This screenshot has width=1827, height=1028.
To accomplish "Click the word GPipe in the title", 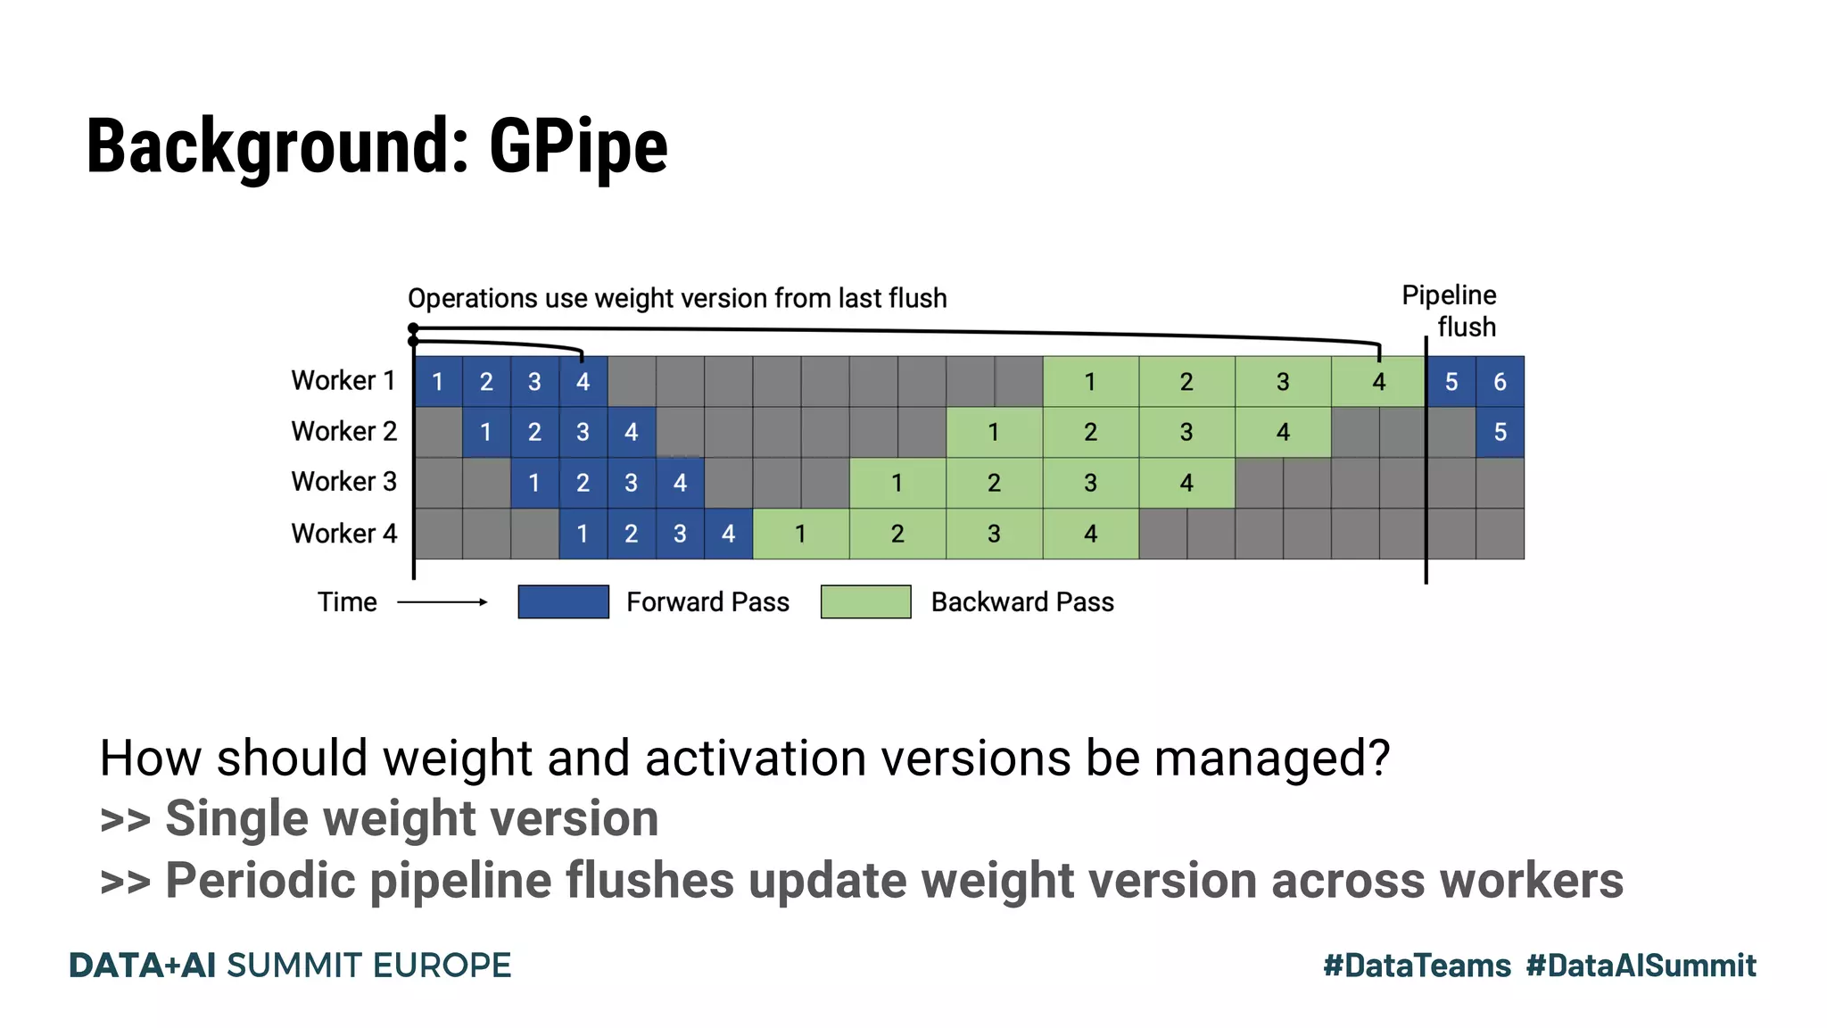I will pyautogui.click(x=578, y=146).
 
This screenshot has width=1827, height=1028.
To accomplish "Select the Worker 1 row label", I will pyautogui.click(x=343, y=381).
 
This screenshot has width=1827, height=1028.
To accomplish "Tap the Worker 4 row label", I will pyautogui.click(x=343, y=534).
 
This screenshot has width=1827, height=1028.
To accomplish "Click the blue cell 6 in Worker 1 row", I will pyautogui.click(x=1500, y=382).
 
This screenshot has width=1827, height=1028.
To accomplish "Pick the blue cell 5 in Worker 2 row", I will pyautogui.click(x=1500, y=433).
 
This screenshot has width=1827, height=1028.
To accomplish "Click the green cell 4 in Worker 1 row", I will pyautogui.click(x=1378, y=382).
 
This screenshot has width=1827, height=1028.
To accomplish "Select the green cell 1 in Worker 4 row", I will pyautogui.click(x=800, y=534).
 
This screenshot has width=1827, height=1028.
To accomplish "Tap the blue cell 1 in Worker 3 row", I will pyautogui.click(x=534, y=484).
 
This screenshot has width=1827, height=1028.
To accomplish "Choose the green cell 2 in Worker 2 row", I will pyautogui.click(x=1090, y=433).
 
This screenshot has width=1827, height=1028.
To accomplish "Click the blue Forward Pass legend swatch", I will pyautogui.click(x=563, y=602).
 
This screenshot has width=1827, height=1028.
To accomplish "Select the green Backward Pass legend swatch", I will pyautogui.click(x=865, y=602).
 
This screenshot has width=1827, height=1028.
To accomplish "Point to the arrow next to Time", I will pyautogui.click(x=442, y=602).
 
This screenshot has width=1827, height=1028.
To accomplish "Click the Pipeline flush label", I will pyautogui.click(x=1449, y=311).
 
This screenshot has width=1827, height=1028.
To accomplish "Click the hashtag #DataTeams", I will pyautogui.click(x=1417, y=966).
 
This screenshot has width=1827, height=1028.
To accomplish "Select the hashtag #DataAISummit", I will pyautogui.click(x=1641, y=966).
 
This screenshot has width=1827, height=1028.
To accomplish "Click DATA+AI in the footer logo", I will pyautogui.click(x=143, y=966).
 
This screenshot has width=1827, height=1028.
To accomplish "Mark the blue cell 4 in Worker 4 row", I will pyautogui.click(x=728, y=534).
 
